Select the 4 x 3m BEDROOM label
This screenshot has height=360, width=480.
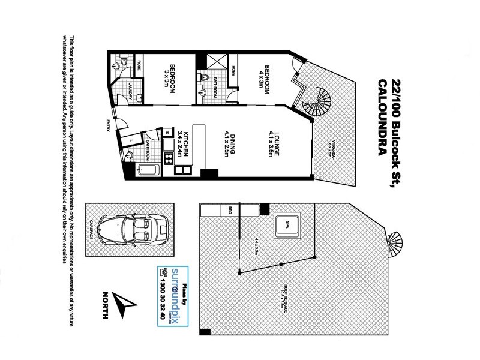pyautogui.click(x=264, y=77)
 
